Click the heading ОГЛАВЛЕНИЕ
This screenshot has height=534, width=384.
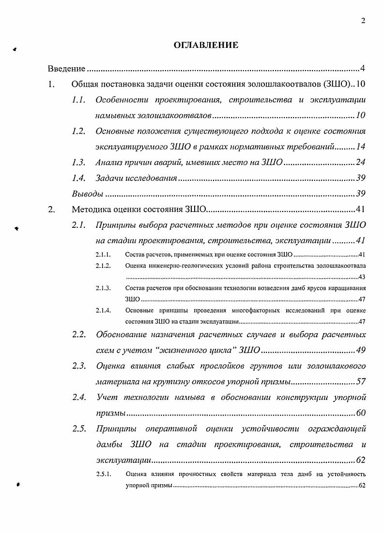[206, 45]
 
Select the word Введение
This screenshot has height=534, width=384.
[66, 69]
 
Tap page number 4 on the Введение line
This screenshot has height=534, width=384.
[363, 69]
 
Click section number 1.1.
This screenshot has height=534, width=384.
[78, 100]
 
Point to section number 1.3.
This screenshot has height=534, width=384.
[78, 163]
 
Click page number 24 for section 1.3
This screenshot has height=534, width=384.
[360, 163]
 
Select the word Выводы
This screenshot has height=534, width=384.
[87, 194]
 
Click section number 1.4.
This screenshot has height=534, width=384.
[78, 178]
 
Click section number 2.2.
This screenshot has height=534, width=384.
[79, 334]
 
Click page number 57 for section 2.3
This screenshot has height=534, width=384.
[360, 382]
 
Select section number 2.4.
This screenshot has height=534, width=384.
[79, 398]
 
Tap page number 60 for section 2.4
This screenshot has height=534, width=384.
[360, 413]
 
